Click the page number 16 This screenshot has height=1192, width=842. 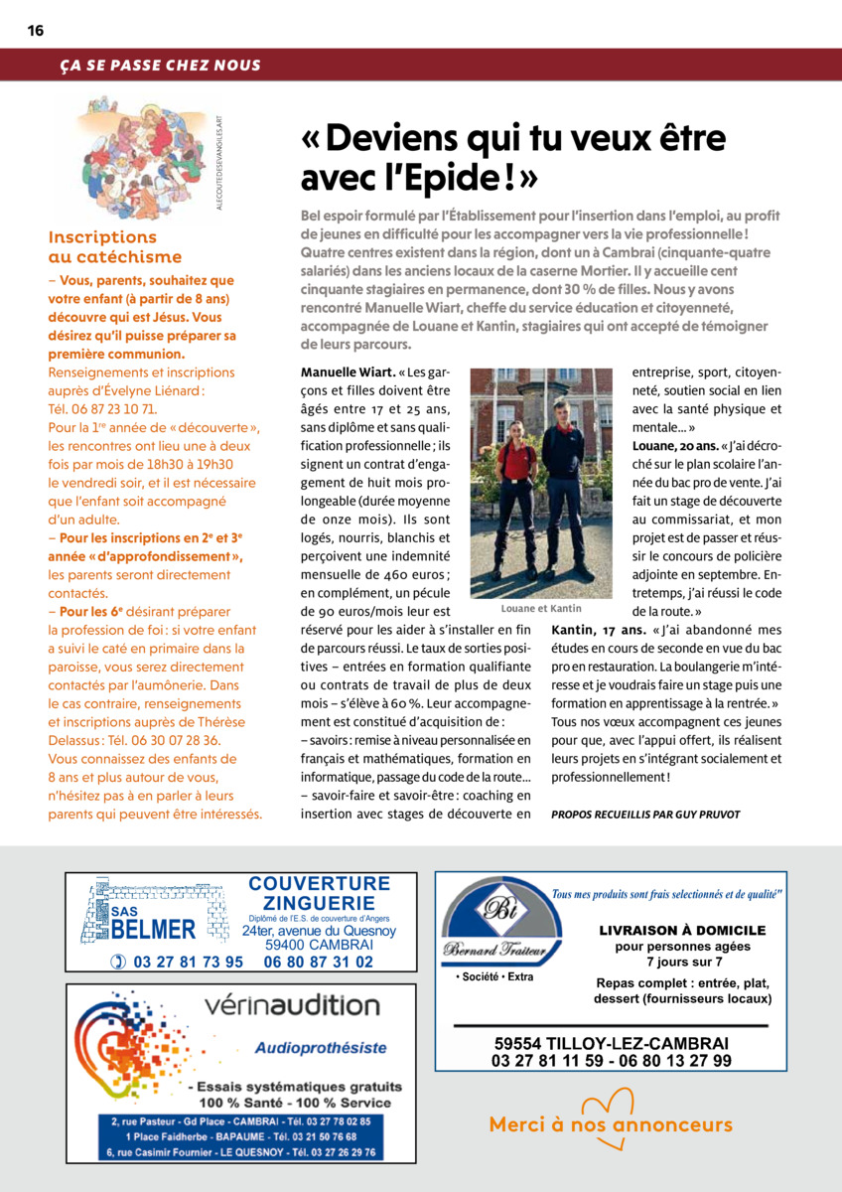point(35,31)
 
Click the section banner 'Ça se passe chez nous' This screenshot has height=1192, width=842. point(160,66)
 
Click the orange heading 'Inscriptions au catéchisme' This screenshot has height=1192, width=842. point(102,246)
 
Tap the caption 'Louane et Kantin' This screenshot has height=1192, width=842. point(541,608)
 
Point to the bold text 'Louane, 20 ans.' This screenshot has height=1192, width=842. point(675,444)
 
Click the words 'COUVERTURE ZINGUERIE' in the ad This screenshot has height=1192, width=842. point(319,893)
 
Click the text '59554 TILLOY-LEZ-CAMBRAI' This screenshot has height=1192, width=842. point(612,1044)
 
